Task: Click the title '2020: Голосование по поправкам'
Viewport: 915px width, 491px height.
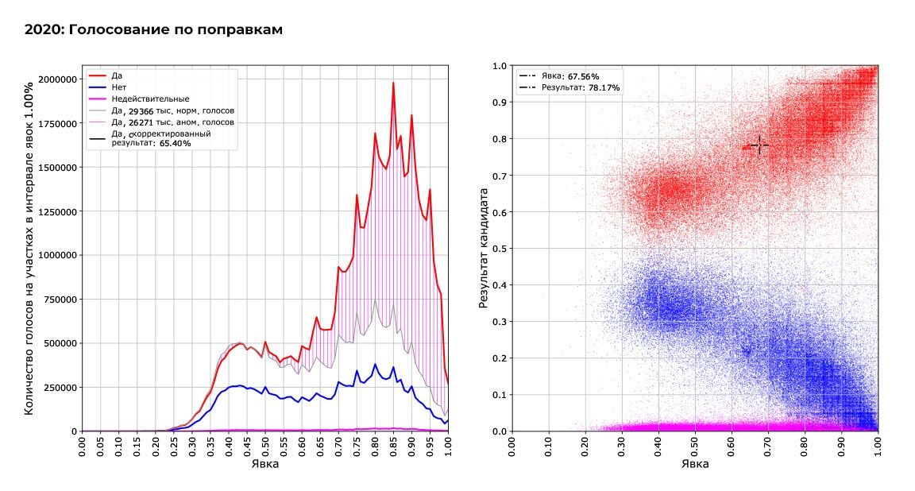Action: point(154,30)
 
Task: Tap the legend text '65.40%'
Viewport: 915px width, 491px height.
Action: point(174,143)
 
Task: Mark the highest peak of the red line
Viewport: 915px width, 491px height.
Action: point(392,83)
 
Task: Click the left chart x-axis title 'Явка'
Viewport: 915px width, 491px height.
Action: point(264,465)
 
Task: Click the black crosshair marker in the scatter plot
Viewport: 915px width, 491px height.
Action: point(759,145)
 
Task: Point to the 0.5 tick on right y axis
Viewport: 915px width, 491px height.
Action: point(500,249)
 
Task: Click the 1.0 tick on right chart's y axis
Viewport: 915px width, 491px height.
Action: point(500,66)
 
